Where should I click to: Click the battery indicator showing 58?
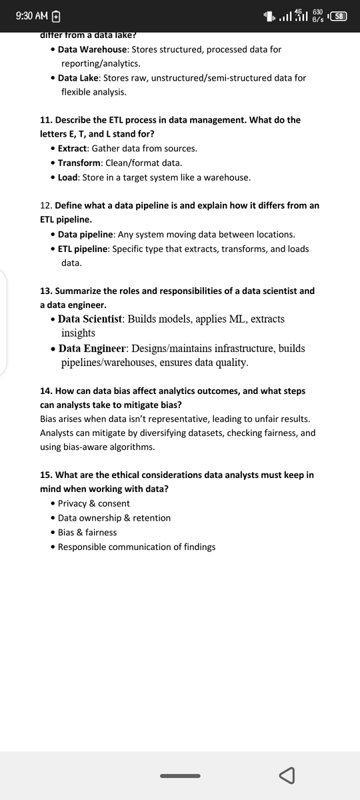click(339, 15)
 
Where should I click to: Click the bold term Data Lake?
click(79, 78)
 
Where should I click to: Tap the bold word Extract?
click(73, 148)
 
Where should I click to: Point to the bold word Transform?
click(79, 163)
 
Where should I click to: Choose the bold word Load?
click(68, 177)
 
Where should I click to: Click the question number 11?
click(46, 120)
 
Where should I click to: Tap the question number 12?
click(46, 205)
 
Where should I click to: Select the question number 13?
click(46, 291)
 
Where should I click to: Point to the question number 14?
click(46, 391)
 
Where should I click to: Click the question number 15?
click(46, 475)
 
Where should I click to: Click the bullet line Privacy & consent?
click(94, 503)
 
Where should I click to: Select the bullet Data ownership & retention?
click(114, 518)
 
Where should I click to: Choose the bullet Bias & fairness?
click(87, 532)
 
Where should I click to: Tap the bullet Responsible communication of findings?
click(137, 547)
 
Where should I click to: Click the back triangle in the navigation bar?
click(287, 775)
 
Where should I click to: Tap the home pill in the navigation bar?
click(180, 775)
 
